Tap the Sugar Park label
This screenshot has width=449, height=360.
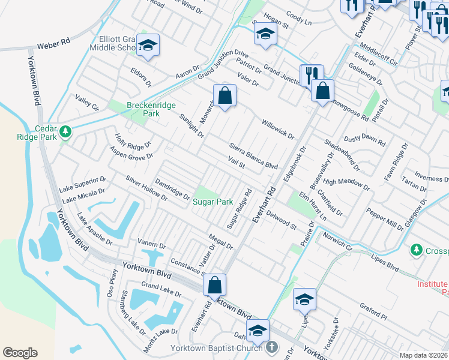point(212,202)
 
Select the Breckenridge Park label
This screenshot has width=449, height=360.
point(151,109)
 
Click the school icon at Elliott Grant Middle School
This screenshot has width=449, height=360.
point(148,46)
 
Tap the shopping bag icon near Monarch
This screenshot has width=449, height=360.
point(224,95)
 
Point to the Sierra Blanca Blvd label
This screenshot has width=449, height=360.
point(254,156)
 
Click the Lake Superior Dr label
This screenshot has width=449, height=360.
point(83,184)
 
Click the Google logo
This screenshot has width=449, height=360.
point(20,353)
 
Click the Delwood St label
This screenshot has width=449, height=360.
point(282,220)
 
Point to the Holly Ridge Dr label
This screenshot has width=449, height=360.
point(133,143)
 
